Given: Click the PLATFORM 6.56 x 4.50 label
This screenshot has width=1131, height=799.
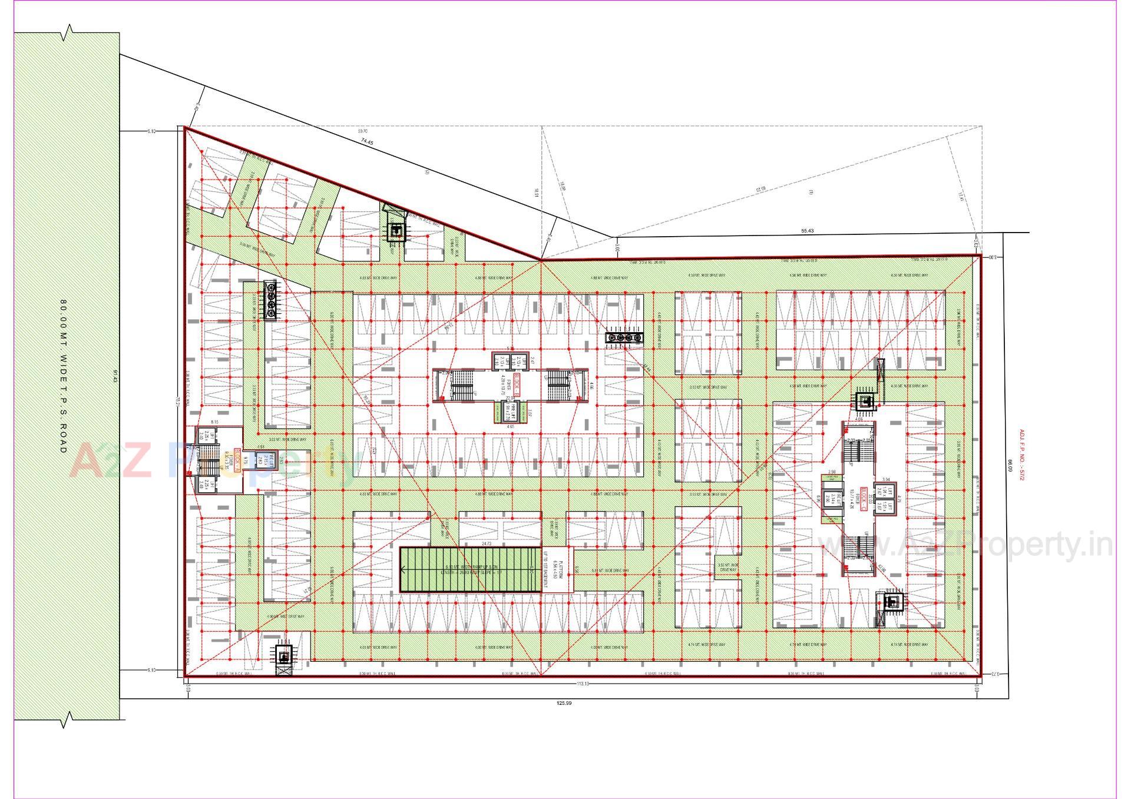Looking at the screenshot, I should pyautogui.click(x=561, y=570).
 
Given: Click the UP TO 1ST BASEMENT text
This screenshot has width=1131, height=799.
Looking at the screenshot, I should pyautogui.click(x=545, y=570).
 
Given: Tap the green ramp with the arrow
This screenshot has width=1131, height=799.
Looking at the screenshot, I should pyautogui.click(x=469, y=569).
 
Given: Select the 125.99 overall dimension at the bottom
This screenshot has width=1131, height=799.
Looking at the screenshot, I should pyautogui.click(x=564, y=703).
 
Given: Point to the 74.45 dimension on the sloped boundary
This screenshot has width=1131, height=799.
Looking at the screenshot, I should pyautogui.click(x=368, y=141).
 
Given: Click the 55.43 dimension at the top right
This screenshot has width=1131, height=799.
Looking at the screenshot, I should pyautogui.click(x=807, y=231).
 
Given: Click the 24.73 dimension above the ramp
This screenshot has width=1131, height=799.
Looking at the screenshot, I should pyautogui.click(x=486, y=544).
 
